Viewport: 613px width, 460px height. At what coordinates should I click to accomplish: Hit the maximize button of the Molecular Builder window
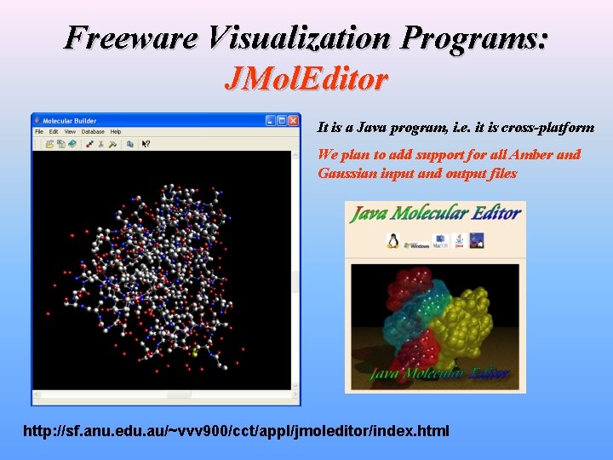click(282, 120)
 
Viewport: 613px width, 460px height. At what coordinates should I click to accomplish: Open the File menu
click(39, 132)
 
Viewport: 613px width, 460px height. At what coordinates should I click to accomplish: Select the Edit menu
click(54, 132)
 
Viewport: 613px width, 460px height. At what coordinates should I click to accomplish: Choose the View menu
click(70, 132)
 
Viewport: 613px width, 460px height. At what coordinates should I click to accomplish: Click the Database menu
click(93, 132)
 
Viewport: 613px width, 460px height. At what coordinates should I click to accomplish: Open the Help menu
click(116, 132)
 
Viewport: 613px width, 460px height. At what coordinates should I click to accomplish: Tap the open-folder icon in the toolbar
click(50, 144)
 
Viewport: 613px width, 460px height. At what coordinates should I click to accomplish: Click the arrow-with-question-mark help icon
click(146, 144)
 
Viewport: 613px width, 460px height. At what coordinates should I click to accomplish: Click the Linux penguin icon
click(393, 240)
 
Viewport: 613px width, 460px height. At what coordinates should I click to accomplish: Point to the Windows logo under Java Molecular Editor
click(418, 242)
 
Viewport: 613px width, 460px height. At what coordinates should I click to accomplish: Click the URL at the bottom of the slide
click(236, 430)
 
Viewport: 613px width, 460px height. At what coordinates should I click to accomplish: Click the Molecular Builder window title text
click(71, 120)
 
